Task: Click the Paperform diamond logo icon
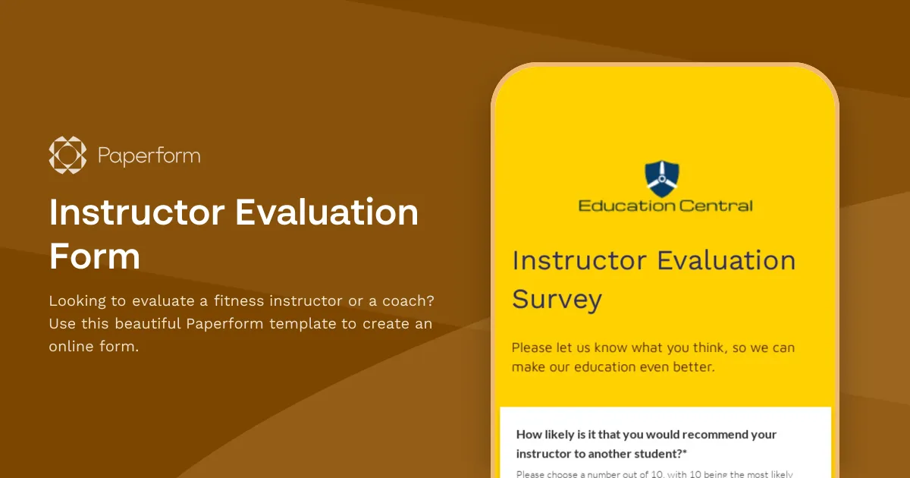pyautogui.click(x=67, y=155)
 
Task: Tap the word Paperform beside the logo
pyautogui.click(x=149, y=156)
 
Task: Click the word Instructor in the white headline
pyautogui.click(x=136, y=212)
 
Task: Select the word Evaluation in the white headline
pyautogui.click(x=327, y=212)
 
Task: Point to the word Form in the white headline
pyautogui.click(x=95, y=256)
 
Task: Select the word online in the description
pyautogui.click(x=70, y=347)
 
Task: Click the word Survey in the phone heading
pyautogui.click(x=557, y=299)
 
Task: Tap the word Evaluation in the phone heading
pyautogui.click(x=726, y=261)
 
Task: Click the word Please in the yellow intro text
pyautogui.click(x=532, y=348)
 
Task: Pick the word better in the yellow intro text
pyautogui.click(x=690, y=367)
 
